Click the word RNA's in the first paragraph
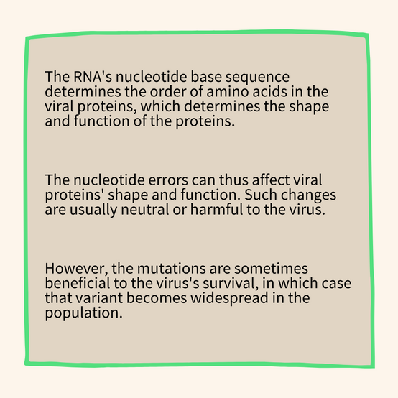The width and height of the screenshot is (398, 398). pyautogui.click(x=93, y=76)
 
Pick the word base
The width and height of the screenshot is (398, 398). pyautogui.click(x=206, y=76)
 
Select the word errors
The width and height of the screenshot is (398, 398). pyautogui.click(x=168, y=180)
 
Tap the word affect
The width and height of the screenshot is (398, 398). pyautogui.click(x=271, y=180)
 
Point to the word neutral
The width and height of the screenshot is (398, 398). pyautogui.click(x=145, y=210)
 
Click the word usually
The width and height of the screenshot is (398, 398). pyautogui.click(x=93, y=210)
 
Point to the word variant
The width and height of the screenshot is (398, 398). pyautogui.click(x=99, y=298)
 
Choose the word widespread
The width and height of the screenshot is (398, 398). pyautogui.click(x=230, y=299)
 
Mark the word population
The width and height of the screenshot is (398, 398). pyautogui.click(x=84, y=313)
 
